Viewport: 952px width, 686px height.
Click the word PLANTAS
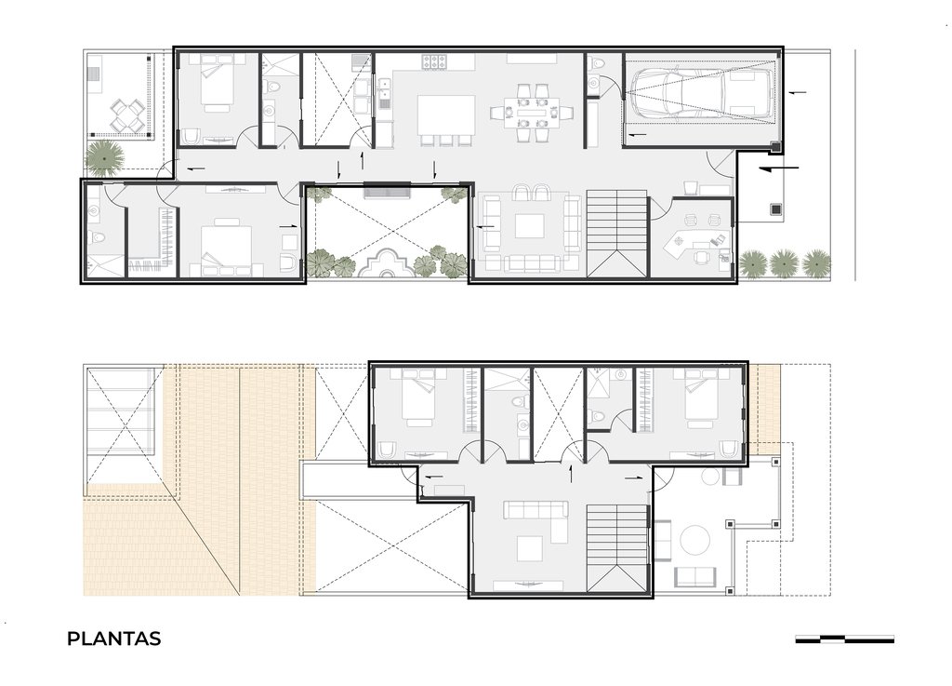pos(113,639)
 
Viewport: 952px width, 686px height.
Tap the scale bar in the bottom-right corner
pos(844,639)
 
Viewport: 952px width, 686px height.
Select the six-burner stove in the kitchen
pos(434,62)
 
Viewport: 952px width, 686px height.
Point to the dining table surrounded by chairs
pos(533,113)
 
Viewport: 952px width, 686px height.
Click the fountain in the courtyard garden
pos(386,263)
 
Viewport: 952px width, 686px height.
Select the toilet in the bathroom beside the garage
pos(596,62)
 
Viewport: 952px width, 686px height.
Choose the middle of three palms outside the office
pos(783,263)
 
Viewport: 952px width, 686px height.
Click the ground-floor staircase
pos(617,234)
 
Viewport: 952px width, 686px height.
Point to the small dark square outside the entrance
pos(775,209)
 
